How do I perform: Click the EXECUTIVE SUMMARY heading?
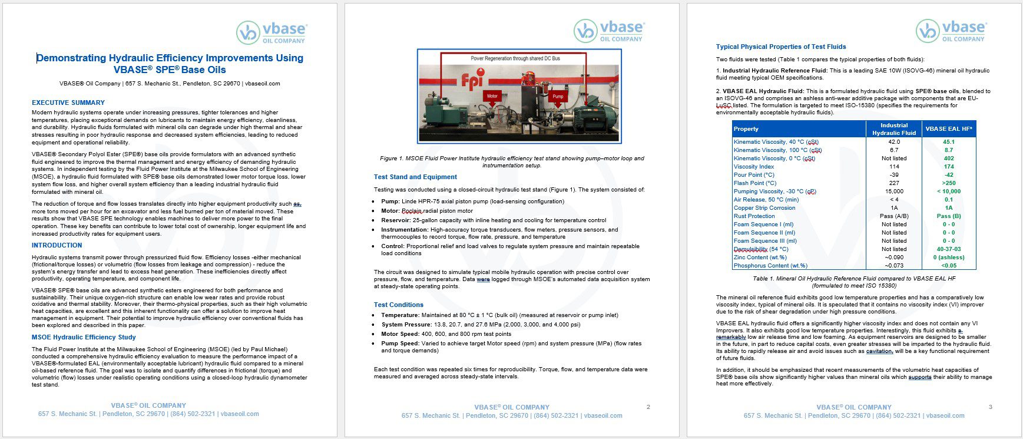tap(68, 103)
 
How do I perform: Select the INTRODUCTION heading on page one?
tap(57, 245)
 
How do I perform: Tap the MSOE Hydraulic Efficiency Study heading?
tap(84, 337)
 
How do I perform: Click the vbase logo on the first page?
tap(272, 32)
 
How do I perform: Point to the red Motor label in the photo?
tap(492, 95)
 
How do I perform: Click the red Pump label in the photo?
tap(558, 96)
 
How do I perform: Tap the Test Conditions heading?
tap(399, 305)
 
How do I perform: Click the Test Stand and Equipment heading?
tap(415, 177)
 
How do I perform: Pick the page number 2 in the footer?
tap(648, 407)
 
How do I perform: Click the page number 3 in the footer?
tap(991, 407)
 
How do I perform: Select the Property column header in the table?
tap(746, 129)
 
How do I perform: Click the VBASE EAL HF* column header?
tap(949, 129)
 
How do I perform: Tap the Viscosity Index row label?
tap(754, 167)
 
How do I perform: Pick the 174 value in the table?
tap(949, 167)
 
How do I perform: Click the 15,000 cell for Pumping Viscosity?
tap(894, 192)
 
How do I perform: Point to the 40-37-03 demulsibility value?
tap(949, 249)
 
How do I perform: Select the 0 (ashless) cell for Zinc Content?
tap(949, 258)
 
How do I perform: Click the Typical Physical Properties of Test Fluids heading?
tap(781, 47)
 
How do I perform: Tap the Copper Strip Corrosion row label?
tap(764, 208)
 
